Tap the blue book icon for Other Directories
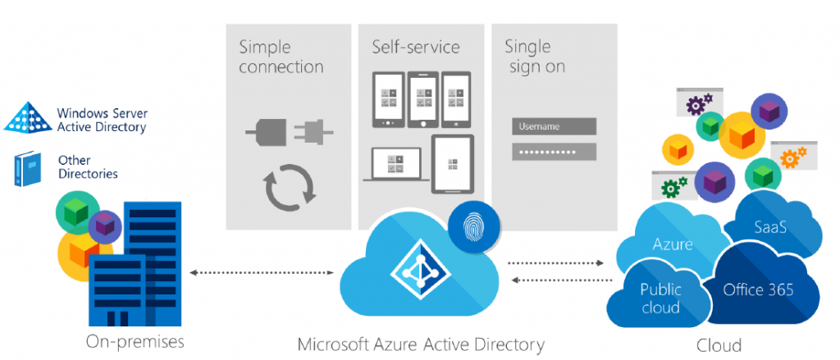(x=27, y=168)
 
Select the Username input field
(x=555, y=127)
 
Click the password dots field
(x=555, y=152)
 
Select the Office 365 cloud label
(x=758, y=289)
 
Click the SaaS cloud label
(x=770, y=227)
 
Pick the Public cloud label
(x=660, y=298)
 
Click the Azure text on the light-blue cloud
(x=673, y=244)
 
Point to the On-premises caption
(x=135, y=341)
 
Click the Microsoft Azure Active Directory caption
(x=421, y=344)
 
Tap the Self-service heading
(x=416, y=47)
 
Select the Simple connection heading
(x=281, y=57)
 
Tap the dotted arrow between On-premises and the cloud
(x=262, y=273)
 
